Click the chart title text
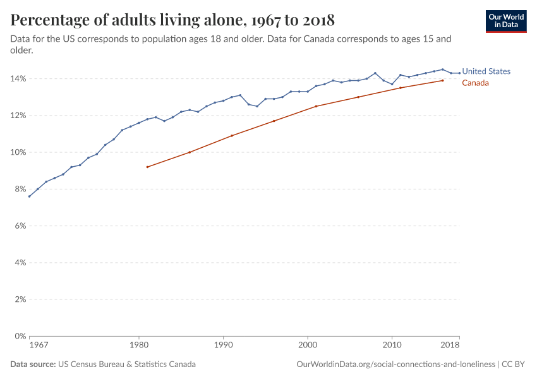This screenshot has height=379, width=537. tap(172, 20)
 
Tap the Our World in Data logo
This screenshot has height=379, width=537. tap(506, 21)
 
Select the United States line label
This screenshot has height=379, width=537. tap(486, 71)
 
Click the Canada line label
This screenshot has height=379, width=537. tap(476, 83)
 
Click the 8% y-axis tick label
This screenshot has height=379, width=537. tap(19, 189)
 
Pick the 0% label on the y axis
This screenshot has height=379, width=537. tap(19, 336)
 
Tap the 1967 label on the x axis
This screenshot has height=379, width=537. tap(39, 346)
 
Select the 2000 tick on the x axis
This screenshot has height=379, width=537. tap(308, 346)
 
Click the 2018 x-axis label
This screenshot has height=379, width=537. tap(450, 346)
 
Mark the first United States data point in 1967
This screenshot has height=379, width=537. tap(29, 196)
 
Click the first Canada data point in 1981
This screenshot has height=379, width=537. tap(147, 167)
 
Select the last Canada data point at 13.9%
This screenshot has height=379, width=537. tap(442, 80)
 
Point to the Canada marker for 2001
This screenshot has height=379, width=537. tap(316, 106)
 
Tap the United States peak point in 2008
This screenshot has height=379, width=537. tap(375, 73)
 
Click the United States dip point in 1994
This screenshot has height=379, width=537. tap(257, 106)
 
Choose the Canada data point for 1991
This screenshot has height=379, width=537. tap(232, 136)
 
